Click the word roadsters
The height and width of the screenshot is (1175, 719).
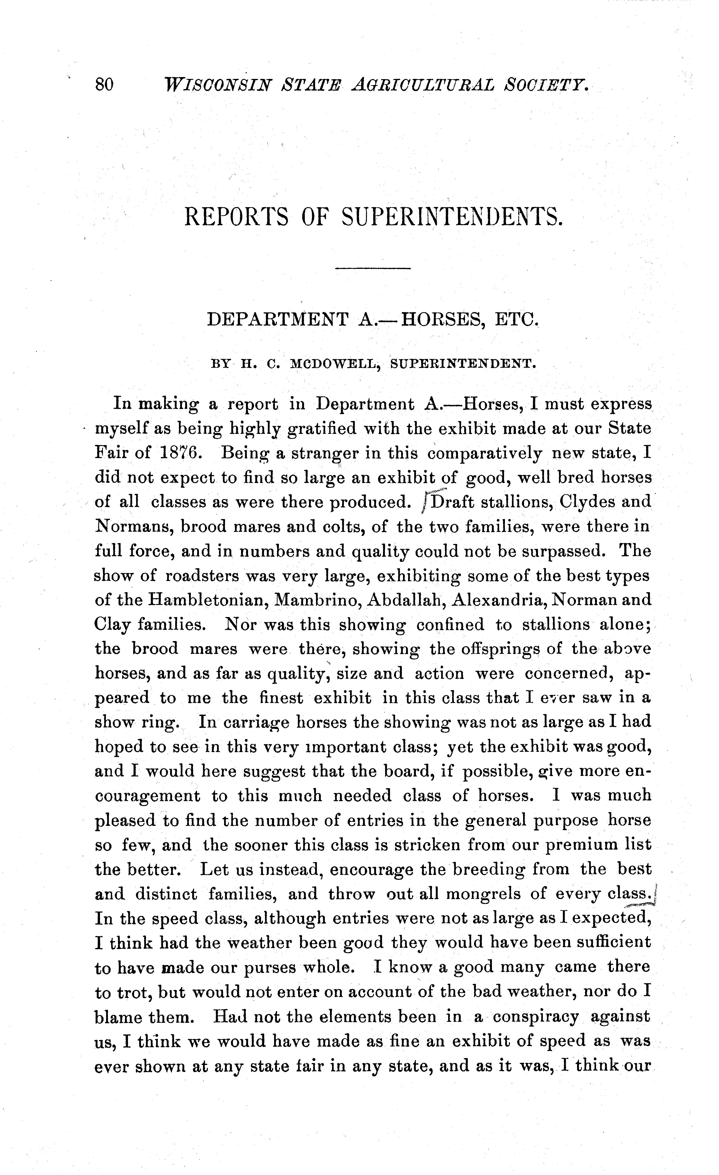pyautogui.click(x=202, y=576)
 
